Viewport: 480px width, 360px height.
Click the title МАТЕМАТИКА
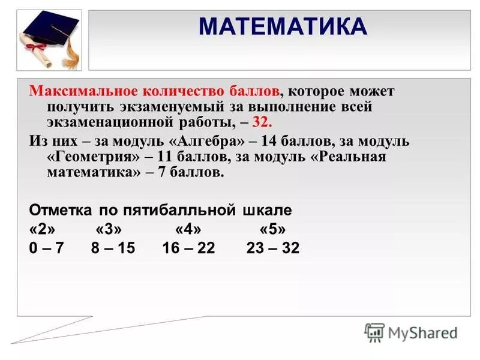pyautogui.click(x=282, y=27)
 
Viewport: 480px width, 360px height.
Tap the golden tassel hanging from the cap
pyautogui.click(x=70, y=50)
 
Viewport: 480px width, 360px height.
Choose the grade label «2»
pyautogui.click(x=41, y=229)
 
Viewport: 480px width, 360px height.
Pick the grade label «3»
pyautogui.click(x=109, y=229)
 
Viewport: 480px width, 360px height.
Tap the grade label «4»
pyautogui.click(x=188, y=229)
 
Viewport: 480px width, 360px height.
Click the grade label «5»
pyautogui.click(x=272, y=229)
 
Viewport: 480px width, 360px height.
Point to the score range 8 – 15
pyautogui.click(x=113, y=248)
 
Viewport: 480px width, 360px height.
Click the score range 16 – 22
pyautogui.click(x=188, y=248)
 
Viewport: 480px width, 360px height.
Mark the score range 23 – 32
pyautogui.click(x=272, y=248)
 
